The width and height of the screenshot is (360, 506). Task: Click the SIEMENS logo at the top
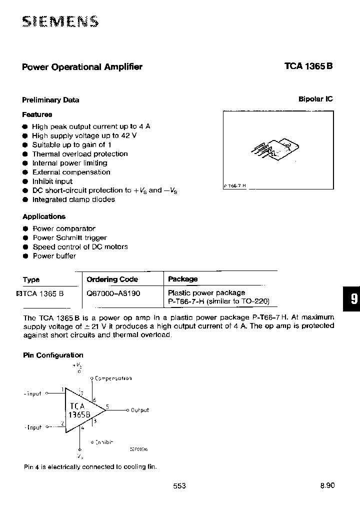60,21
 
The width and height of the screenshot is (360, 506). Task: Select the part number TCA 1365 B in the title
308,67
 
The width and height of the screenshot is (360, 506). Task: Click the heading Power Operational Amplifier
82,67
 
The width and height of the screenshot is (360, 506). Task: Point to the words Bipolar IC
315,99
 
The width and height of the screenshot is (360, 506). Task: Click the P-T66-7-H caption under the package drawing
235,185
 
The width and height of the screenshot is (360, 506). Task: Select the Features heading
37,114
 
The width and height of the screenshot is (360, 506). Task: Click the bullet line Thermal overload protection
79,154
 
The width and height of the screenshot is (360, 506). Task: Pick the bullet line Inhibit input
52,181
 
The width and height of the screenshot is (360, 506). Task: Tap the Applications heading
44,216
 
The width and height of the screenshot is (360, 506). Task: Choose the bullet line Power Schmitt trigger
69,237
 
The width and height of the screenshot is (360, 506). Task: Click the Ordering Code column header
112,279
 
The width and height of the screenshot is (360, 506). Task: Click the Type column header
31,280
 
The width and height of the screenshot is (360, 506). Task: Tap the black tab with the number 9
352,299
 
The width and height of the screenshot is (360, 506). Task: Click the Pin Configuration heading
53,355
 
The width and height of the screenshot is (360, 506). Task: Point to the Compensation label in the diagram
113,378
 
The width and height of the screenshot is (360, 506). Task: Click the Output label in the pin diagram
139,410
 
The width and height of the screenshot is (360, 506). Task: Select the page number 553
179,485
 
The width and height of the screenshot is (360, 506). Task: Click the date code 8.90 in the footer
327,485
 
